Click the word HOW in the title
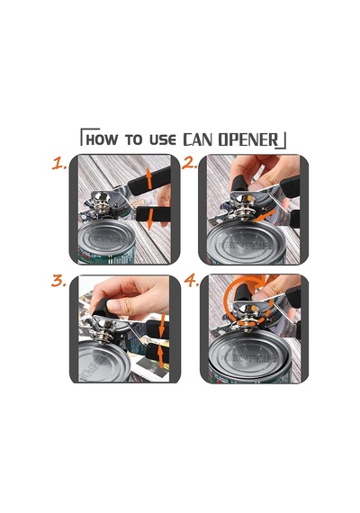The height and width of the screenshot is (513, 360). (x=101, y=139)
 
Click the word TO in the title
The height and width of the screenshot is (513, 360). (x=133, y=139)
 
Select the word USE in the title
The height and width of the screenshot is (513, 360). (x=163, y=139)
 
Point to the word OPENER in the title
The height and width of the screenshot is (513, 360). (x=248, y=139)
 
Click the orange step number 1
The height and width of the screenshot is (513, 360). (x=58, y=163)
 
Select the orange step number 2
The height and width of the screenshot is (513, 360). (x=189, y=163)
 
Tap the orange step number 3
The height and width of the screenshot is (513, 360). (x=58, y=281)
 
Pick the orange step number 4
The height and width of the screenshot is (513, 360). (x=191, y=281)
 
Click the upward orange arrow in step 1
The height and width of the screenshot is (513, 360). (x=148, y=178)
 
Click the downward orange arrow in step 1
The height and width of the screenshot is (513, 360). (x=149, y=220)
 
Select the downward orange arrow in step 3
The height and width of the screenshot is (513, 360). (x=162, y=326)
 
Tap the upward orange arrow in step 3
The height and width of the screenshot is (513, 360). (x=160, y=355)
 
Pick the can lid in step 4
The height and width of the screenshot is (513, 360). (x=249, y=353)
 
